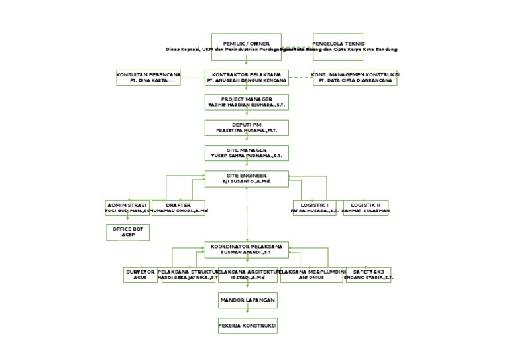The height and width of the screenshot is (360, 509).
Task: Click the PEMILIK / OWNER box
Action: tap(246, 46)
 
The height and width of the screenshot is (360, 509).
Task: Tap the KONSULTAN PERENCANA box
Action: tap(148, 78)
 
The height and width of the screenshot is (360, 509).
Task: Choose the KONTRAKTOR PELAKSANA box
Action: tap(246, 78)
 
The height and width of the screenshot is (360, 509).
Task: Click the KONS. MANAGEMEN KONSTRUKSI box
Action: tap(355, 78)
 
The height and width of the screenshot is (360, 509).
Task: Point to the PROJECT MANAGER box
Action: tap(246, 102)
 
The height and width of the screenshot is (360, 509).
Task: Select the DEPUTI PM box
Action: tap(246, 128)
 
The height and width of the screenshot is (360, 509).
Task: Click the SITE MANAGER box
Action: tap(246, 154)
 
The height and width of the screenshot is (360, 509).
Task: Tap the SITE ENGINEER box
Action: tap(246, 178)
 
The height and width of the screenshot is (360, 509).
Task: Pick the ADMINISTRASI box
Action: tap(127, 208)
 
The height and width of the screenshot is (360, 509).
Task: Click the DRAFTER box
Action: tap(178, 208)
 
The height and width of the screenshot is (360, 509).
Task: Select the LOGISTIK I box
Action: tap(315, 208)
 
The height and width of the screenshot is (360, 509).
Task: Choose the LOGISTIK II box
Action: tap(365, 208)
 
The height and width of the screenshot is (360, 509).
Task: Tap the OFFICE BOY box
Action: tap(127, 232)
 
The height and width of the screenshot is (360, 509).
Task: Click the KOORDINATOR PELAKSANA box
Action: tap(246, 249)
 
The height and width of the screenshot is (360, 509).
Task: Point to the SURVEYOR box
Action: tap(141, 275)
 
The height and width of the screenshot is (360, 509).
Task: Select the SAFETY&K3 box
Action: tap(368, 275)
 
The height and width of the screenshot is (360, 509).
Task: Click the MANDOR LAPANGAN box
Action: tap(246, 301)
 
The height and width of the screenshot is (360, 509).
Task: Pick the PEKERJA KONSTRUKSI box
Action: tap(246, 326)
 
